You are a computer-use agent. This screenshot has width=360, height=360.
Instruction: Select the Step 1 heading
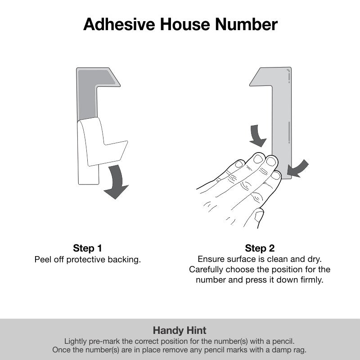[x=88, y=248]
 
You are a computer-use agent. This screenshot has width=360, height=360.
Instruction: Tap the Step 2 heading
[x=260, y=248]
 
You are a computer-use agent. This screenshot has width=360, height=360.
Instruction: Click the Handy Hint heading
[x=180, y=330]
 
